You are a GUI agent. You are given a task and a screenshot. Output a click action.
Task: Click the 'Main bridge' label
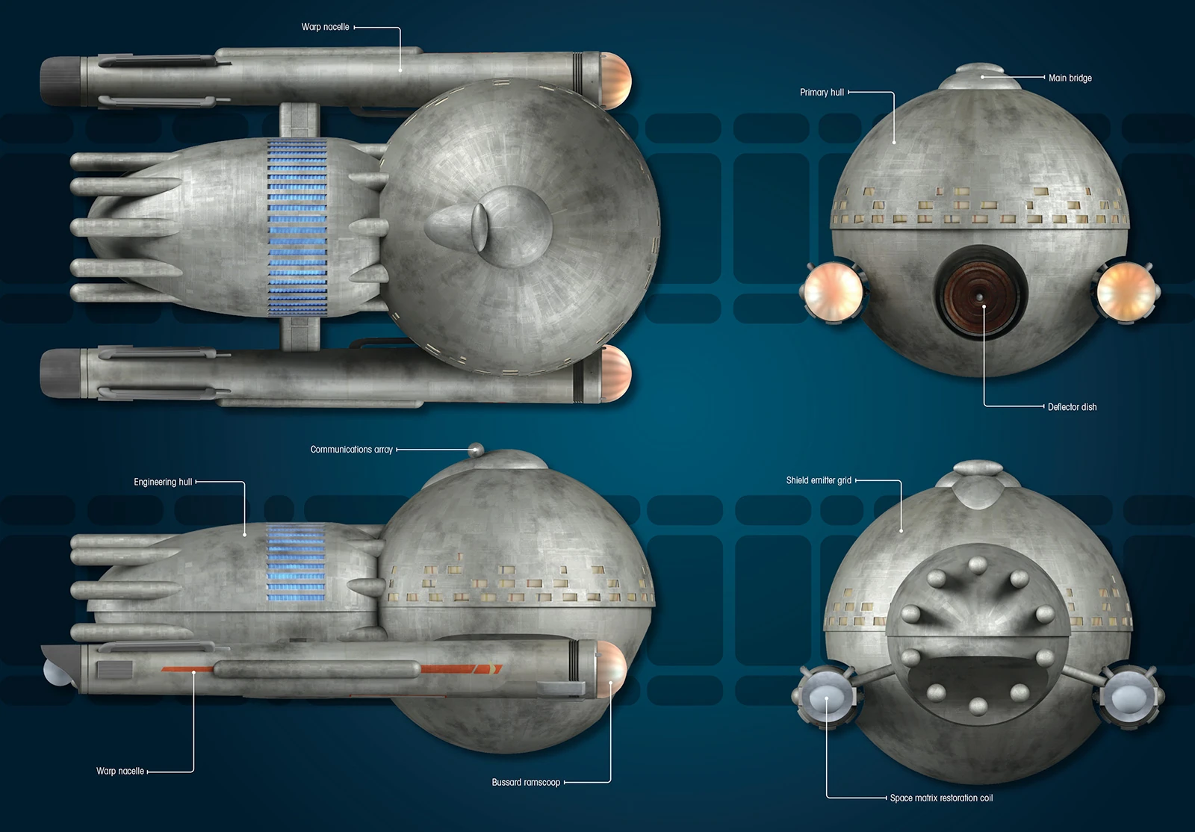pos(1070,78)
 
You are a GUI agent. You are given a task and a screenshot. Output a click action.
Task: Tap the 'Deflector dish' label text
pos(1072,407)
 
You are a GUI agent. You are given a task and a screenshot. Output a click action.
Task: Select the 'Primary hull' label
pos(822,93)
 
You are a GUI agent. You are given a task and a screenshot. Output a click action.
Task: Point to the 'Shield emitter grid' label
pos(819,480)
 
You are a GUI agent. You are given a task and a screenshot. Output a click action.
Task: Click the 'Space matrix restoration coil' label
pos(941,798)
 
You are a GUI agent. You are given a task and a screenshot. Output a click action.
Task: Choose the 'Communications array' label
pos(351,450)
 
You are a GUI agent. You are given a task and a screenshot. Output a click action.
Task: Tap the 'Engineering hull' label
pos(163,482)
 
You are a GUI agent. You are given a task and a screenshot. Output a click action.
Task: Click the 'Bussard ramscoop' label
pos(526,783)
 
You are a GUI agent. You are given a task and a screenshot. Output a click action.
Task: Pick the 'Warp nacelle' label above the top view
pos(325,27)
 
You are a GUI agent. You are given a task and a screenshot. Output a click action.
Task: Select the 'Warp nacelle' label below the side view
pos(119,771)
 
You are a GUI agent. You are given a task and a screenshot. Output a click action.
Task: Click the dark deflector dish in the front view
pos(979,292)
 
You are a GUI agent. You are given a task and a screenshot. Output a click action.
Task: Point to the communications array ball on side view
pos(476,450)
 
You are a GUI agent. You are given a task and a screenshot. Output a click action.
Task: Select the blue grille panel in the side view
pos(296,564)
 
